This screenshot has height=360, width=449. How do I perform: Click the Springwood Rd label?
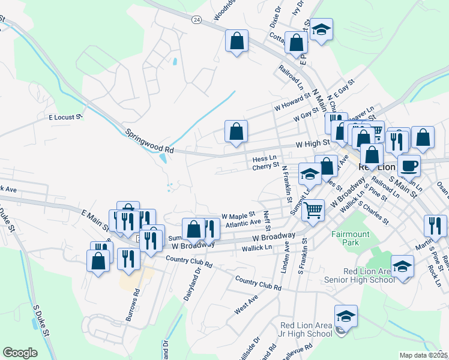149,142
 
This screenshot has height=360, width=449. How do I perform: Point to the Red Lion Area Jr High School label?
306,329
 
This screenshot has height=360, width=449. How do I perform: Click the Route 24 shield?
196,19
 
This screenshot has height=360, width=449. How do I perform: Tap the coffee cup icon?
409,165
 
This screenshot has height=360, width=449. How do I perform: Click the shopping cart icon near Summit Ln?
313,210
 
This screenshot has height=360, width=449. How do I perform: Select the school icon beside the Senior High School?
402,266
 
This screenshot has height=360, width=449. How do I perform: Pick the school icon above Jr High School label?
346,316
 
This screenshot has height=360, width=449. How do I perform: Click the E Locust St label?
65,118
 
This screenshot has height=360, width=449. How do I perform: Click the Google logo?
20,353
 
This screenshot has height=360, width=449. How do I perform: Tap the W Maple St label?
238,215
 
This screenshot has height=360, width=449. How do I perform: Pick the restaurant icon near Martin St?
435,226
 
